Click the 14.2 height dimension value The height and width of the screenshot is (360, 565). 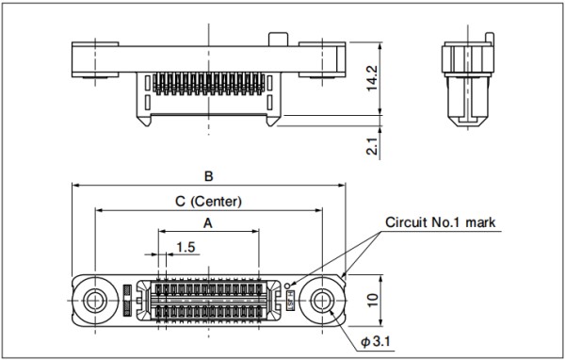pos(372,78)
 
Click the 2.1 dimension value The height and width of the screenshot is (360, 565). pos(373,146)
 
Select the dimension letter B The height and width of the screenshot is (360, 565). pos(209,176)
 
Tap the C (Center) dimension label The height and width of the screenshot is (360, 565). pos(208,201)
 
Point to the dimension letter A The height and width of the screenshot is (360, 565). pos(208,223)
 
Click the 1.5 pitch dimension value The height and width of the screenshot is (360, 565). pos(186,248)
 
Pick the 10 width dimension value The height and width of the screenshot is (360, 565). pos(373,300)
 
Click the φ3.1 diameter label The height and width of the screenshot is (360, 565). pos(376,341)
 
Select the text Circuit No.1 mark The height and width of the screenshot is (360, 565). pos(441,221)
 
